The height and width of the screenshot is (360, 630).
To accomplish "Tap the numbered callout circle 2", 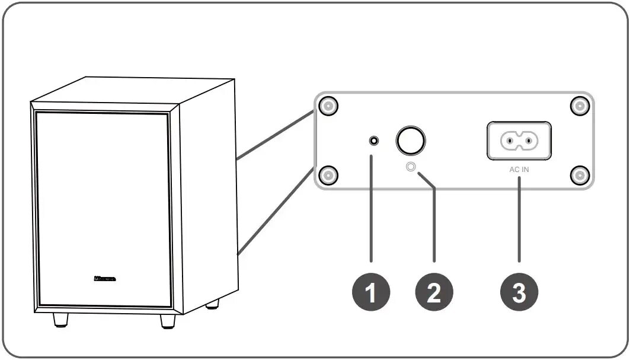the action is pyautogui.click(x=434, y=292).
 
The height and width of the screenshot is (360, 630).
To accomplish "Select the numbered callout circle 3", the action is pyautogui.click(x=519, y=292).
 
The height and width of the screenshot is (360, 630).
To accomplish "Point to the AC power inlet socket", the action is pyautogui.click(x=519, y=141).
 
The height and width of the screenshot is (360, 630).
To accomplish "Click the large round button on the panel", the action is pyautogui.click(x=411, y=141).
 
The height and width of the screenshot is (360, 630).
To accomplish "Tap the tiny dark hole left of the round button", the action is pyautogui.click(x=374, y=141).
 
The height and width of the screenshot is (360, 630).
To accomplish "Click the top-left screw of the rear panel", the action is pyautogui.click(x=328, y=107).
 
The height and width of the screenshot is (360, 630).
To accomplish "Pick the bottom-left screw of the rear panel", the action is pyautogui.click(x=328, y=175).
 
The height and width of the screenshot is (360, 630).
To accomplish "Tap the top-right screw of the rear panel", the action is pyautogui.click(x=579, y=107).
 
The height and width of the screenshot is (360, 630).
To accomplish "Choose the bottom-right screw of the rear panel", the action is pyautogui.click(x=579, y=175).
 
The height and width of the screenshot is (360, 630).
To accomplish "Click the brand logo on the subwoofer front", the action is pyautogui.click(x=105, y=278).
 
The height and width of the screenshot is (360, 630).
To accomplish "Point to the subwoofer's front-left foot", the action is pyautogui.click(x=60, y=320).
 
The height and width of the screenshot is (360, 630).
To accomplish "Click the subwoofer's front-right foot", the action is pyautogui.click(x=168, y=321).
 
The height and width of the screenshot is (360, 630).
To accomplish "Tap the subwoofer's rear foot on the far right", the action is pyautogui.click(x=212, y=305).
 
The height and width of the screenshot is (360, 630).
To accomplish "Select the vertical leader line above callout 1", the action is pyautogui.click(x=372, y=208).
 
